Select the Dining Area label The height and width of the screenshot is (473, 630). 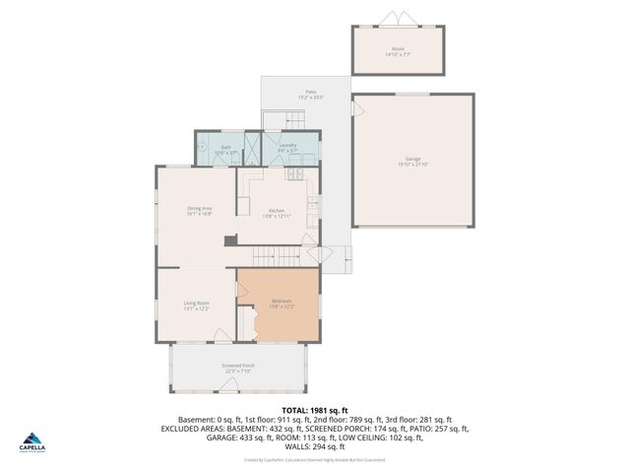[x=200, y=209]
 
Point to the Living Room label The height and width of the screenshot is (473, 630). [x=196, y=304]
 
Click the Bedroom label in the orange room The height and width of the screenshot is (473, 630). [x=283, y=303]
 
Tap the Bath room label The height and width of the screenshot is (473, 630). [x=225, y=151]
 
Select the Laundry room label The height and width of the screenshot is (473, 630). [x=287, y=148]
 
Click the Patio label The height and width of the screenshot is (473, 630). [x=310, y=95]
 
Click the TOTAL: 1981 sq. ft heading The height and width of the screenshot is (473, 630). [x=315, y=408]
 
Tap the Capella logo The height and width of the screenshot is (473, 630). [x=32, y=439]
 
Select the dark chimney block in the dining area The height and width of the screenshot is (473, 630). [x=229, y=239]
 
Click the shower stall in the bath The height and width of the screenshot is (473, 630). [x=252, y=149]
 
